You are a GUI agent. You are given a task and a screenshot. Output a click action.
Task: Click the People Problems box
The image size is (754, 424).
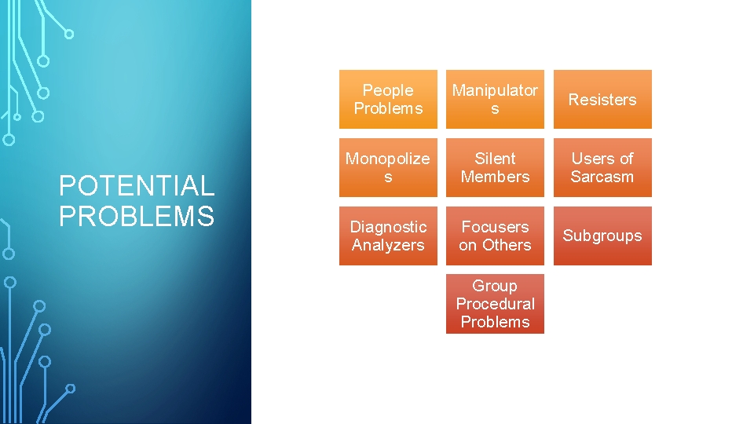click(388, 100)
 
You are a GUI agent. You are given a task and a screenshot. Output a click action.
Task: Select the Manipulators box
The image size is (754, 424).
click(495, 100)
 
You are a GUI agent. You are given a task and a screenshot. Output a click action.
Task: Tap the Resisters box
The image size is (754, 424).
click(602, 100)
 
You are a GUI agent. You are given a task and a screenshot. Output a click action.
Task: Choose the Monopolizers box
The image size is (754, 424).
click(388, 168)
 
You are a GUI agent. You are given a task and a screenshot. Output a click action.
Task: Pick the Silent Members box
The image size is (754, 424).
click(495, 168)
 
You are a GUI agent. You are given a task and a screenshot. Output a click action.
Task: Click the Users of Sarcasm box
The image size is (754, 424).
click(602, 168)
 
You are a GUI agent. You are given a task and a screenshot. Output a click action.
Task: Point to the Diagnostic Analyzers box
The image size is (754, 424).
click(388, 236)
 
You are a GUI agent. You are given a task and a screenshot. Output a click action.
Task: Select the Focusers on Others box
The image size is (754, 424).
click(495, 236)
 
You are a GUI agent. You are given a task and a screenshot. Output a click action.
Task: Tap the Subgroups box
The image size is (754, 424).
click(602, 236)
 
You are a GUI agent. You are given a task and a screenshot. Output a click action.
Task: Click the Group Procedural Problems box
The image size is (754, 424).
click(495, 304)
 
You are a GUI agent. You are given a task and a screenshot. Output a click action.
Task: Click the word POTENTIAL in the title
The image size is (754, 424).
click(137, 186)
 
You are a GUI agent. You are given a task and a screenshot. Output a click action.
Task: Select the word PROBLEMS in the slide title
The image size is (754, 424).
click(137, 216)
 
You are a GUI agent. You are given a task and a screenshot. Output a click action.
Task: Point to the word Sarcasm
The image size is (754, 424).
click(602, 177)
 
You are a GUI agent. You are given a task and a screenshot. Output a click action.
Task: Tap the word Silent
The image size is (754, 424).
click(495, 159)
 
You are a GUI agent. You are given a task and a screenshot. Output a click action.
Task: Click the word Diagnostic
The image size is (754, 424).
click(388, 227)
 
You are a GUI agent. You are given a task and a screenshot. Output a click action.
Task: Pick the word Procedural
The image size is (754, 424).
click(495, 304)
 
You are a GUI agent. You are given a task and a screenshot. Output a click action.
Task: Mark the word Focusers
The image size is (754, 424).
click(495, 227)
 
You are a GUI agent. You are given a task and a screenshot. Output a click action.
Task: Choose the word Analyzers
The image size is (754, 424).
click(388, 245)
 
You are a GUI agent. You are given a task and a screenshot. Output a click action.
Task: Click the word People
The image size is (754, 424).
click(388, 90)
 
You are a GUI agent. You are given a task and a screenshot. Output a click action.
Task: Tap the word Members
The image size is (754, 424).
click(495, 177)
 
